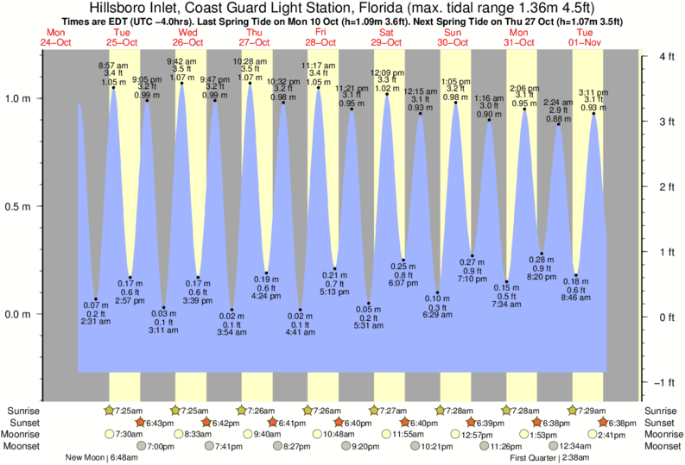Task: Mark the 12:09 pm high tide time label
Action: [x=386, y=72]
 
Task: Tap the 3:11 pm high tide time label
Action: [x=593, y=92]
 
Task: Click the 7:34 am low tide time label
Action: [x=507, y=305]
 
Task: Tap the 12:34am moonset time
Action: [x=576, y=446]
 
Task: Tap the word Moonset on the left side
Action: [x=25, y=446]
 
